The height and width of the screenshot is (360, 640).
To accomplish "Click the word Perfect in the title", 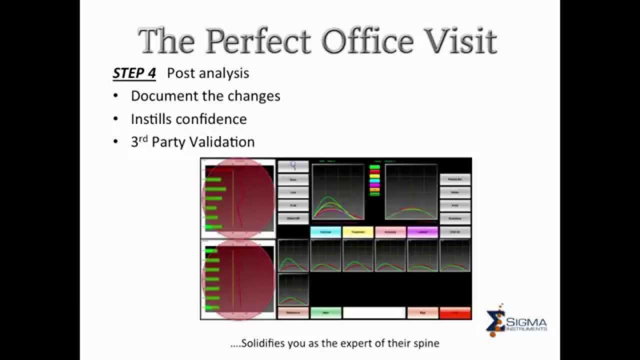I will click(259, 41).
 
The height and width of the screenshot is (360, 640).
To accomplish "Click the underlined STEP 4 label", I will click(134, 73).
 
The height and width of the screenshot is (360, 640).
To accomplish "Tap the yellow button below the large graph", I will click(358, 232).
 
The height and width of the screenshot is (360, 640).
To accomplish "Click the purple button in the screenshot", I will click(422, 232).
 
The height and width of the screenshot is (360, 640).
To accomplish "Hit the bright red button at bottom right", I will click(455, 313).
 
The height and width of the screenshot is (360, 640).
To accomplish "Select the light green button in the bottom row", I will click(326, 313).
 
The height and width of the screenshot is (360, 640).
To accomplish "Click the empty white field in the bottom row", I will click(374, 313).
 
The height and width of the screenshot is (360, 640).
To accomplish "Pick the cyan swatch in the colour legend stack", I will click(374, 180).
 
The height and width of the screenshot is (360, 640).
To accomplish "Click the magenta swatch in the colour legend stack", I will click(374, 185).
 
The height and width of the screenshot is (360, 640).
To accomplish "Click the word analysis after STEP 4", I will click(224, 73).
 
